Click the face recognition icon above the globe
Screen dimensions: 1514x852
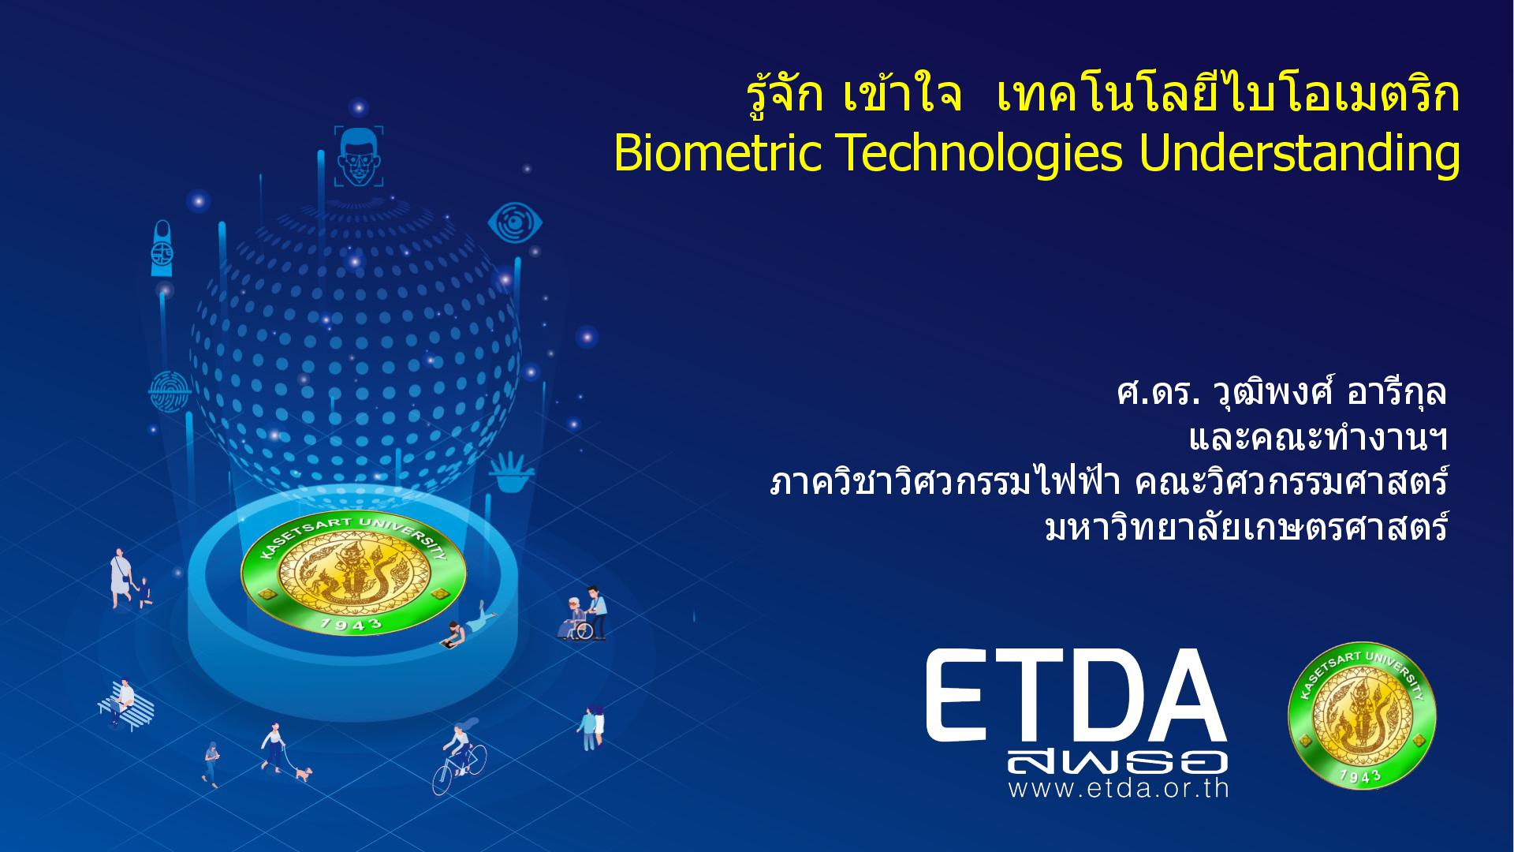(359, 156)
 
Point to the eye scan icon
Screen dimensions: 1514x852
(515, 222)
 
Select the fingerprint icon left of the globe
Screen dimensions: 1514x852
(170, 390)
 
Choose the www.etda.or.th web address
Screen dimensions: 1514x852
(1118, 788)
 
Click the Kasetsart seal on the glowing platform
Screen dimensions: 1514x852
(353, 575)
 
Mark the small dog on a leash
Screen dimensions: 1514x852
(303, 773)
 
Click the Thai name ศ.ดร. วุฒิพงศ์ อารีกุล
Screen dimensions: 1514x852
(1282, 392)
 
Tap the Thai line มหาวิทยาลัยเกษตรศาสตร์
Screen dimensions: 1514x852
(1246, 528)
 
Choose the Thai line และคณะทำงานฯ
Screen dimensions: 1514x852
(1318, 439)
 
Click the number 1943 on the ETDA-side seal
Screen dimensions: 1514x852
(1362, 775)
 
